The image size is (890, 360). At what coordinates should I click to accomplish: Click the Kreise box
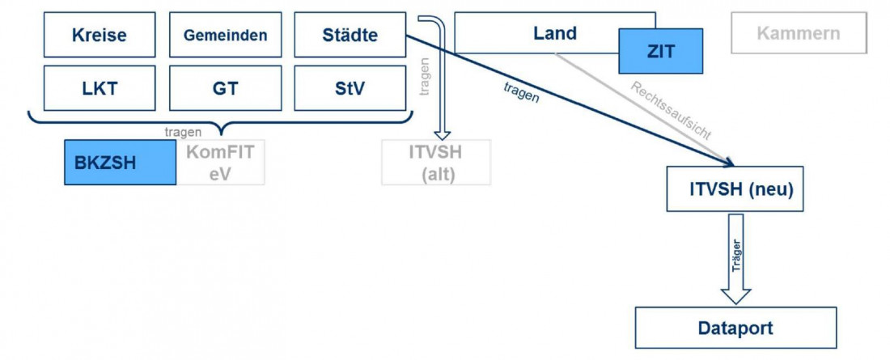(x=100, y=35)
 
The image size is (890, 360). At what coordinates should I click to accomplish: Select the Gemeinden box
(x=225, y=35)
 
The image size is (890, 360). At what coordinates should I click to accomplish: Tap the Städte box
(x=350, y=35)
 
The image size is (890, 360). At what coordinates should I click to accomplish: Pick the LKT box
(x=100, y=87)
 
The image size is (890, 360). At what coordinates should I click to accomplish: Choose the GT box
(x=225, y=87)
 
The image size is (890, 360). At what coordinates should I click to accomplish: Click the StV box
(x=350, y=87)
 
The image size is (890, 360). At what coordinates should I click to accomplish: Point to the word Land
(x=555, y=33)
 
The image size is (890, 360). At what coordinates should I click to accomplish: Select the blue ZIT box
(x=660, y=51)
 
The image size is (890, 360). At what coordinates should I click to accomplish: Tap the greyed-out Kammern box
(x=798, y=33)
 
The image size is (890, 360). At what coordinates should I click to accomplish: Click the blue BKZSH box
(x=120, y=162)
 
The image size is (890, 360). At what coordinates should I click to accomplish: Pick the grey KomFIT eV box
(x=220, y=162)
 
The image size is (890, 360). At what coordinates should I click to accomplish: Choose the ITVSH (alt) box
(x=435, y=162)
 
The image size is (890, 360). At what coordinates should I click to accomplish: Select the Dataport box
(x=735, y=328)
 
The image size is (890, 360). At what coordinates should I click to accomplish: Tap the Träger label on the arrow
(x=735, y=255)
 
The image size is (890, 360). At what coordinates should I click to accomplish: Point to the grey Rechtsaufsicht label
(x=671, y=111)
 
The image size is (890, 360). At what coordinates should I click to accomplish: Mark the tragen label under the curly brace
(x=182, y=132)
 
